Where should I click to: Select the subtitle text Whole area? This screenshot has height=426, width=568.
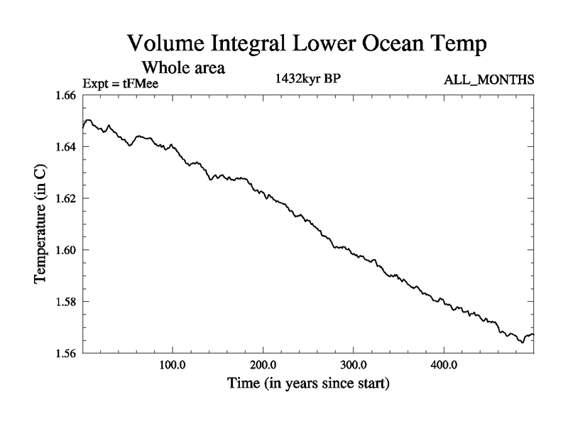click(184, 69)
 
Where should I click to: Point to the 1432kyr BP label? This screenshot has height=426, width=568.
click(307, 80)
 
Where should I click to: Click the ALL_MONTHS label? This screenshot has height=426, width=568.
click(488, 80)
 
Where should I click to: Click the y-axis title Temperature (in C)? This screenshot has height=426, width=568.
click(40, 224)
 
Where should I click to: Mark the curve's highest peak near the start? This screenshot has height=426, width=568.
click(89, 120)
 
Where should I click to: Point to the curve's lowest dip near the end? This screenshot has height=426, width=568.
click(522, 342)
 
